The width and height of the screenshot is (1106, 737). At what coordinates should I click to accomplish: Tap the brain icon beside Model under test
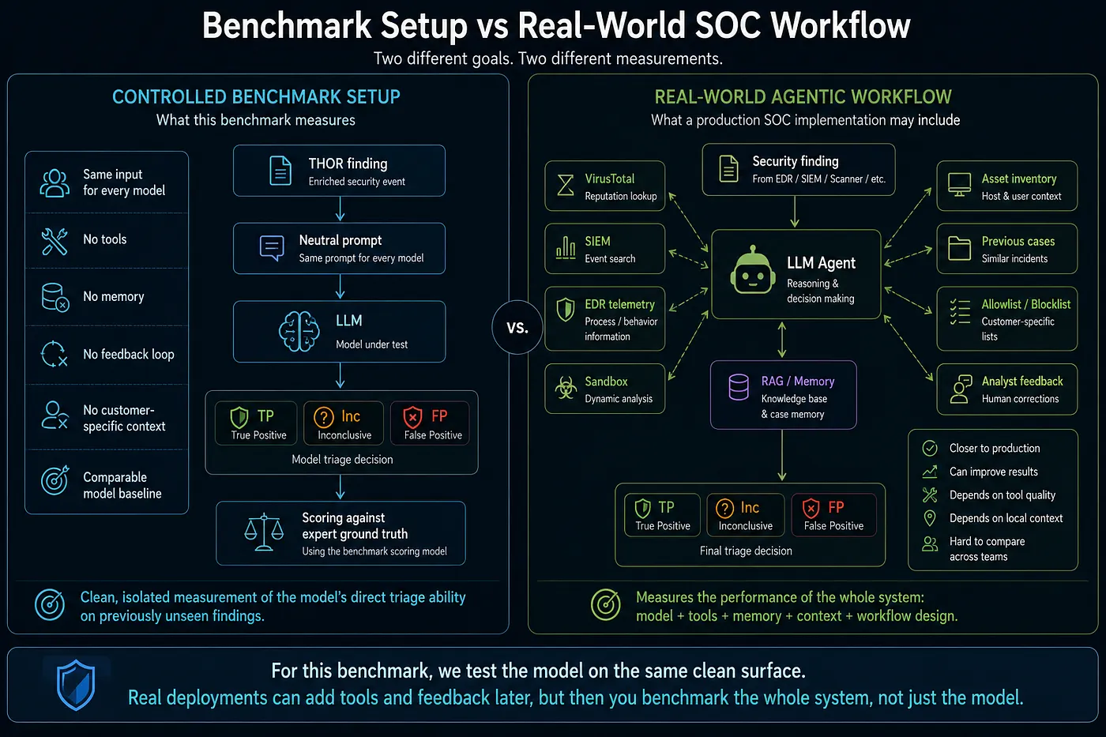(x=299, y=331)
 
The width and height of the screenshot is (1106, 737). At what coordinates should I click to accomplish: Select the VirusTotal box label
(x=609, y=179)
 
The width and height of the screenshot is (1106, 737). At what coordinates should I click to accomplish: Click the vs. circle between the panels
(x=517, y=327)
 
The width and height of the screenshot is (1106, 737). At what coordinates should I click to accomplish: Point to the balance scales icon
(x=264, y=532)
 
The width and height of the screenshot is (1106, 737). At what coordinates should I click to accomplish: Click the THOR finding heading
(x=348, y=164)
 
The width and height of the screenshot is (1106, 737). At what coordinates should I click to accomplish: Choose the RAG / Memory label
(x=797, y=381)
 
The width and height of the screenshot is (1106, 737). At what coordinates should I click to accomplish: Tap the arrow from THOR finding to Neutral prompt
(x=340, y=209)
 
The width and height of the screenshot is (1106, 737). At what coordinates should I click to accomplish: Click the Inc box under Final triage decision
(x=745, y=514)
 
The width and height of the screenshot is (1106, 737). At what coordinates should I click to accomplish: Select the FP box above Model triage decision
(x=430, y=423)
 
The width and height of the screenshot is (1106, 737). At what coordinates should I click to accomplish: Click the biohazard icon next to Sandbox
(x=566, y=388)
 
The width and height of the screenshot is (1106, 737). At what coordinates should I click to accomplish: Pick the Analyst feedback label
(x=1022, y=381)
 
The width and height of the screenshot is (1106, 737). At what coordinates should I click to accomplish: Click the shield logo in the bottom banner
(x=76, y=685)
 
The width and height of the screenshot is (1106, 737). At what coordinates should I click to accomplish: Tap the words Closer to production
(x=995, y=448)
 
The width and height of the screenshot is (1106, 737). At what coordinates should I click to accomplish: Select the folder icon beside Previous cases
(x=959, y=248)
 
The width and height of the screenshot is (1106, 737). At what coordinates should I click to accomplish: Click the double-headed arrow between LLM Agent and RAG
(x=781, y=340)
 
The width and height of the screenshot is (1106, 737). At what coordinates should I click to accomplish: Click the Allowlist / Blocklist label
(x=1025, y=304)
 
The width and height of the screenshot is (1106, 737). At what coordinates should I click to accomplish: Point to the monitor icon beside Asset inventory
(x=959, y=185)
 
